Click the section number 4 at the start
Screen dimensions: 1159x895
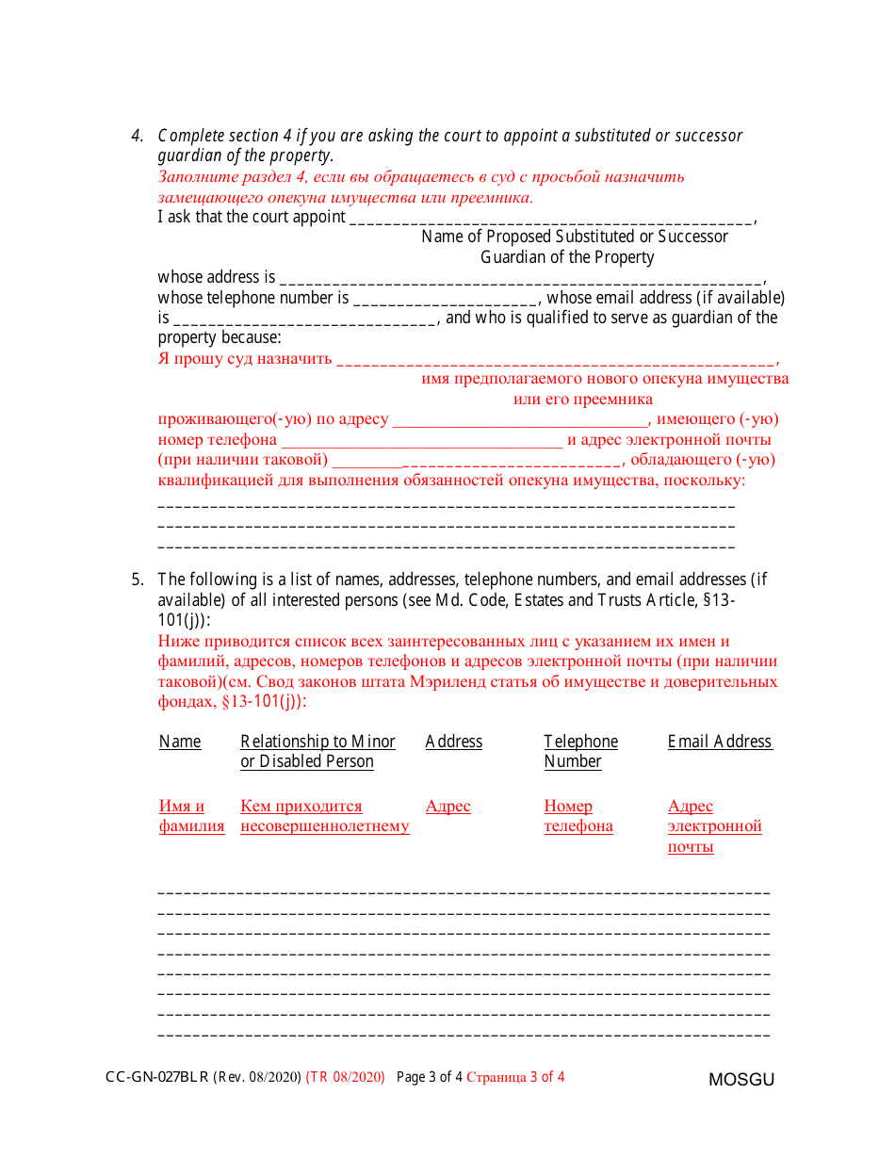(x=137, y=136)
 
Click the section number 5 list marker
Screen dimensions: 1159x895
(x=137, y=579)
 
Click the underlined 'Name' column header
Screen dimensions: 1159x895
(x=180, y=742)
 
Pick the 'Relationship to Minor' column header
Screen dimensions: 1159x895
(x=317, y=742)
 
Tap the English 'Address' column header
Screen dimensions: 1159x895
(x=453, y=742)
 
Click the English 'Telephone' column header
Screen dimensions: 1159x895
(x=580, y=742)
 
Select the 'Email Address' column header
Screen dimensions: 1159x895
(x=720, y=742)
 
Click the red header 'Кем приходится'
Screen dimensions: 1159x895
(x=301, y=807)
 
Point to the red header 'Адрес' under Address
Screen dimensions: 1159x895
(x=447, y=807)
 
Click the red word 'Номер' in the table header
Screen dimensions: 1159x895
(x=568, y=807)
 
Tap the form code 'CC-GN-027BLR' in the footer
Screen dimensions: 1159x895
(x=157, y=1078)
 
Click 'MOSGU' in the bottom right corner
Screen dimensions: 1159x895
(x=741, y=1080)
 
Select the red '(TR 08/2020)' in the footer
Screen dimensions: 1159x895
(x=346, y=1078)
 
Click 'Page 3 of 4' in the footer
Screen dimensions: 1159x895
(x=429, y=1078)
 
